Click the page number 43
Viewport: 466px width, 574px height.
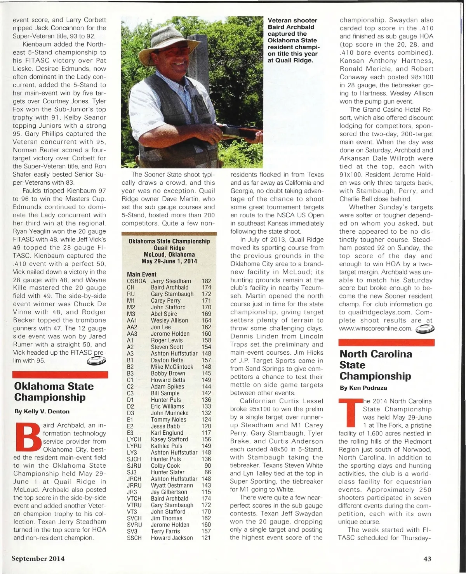(x=427, y=559)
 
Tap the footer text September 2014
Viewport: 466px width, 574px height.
(x=38, y=559)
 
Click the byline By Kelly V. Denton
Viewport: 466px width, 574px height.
(x=42, y=411)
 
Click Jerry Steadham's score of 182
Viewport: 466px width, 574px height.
(x=206, y=281)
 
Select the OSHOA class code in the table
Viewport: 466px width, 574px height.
(x=136, y=281)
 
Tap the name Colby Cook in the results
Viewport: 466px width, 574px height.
(x=165, y=466)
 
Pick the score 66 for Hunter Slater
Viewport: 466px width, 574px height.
(x=208, y=472)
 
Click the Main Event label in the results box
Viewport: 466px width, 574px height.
(x=142, y=274)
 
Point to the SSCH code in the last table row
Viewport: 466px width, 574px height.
(x=134, y=538)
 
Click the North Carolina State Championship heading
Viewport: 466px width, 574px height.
(x=376, y=365)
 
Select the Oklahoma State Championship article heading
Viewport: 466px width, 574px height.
(x=54, y=392)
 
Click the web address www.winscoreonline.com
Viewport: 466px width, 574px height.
(x=375, y=328)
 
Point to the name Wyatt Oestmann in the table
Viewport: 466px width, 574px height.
(x=172, y=486)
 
